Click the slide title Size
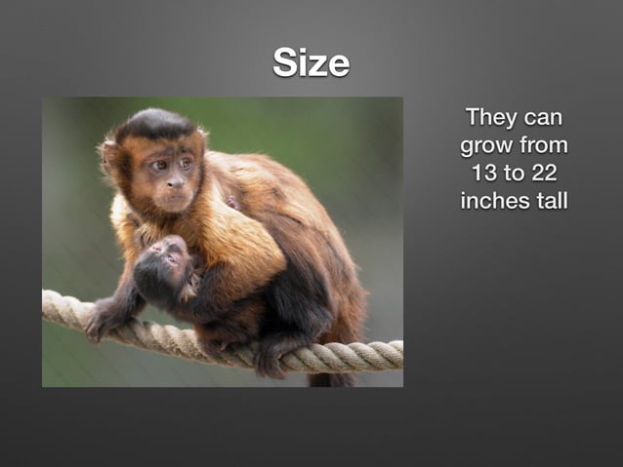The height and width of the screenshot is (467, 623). [x=311, y=63]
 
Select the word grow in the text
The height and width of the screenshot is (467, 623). [x=485, y=146]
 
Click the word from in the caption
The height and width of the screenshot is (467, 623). [x=544, y=146]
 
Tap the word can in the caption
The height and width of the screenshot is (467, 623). [x=544, y=118]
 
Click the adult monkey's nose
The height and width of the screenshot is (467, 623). [x=177, y=182]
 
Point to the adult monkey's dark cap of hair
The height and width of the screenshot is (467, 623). [x=156, y=124]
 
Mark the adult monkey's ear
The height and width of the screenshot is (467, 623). [x=110, y=156]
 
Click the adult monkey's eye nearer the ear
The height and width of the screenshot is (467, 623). [x=156, y=166]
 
